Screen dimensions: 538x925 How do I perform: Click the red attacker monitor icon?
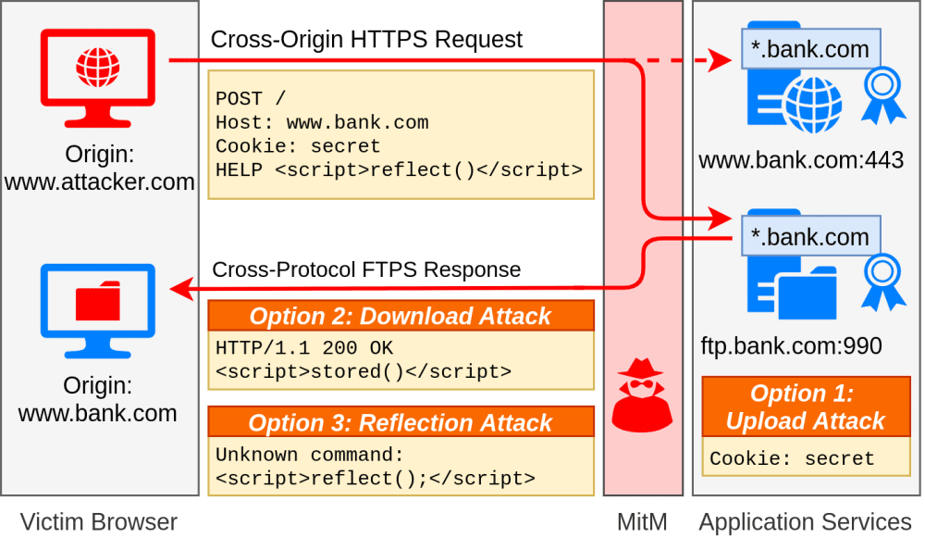(x=98, y=78)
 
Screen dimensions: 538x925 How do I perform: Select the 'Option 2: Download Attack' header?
(x=401, y=316)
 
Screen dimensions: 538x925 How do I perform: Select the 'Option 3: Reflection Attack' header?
(x=401, y=423)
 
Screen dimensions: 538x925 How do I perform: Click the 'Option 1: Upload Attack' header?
(x=805, y=407)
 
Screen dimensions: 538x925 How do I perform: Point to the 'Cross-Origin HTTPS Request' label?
(x=366, y=40)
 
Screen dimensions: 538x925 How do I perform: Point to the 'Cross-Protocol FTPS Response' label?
(x=366, y=269)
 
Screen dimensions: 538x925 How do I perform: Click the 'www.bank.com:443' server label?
(x=801, y=160)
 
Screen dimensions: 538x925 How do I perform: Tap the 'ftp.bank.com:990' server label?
(x=791, y=346)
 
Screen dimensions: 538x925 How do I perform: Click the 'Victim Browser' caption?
(x=98, y=521)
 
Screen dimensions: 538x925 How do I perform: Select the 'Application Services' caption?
(x=805, y=521)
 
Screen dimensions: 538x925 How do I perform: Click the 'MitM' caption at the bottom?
(x=642, y=521)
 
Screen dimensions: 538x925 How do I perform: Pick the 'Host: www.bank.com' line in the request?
(x=322, y=122)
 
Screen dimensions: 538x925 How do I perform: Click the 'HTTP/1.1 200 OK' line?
(x=304, y=348)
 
